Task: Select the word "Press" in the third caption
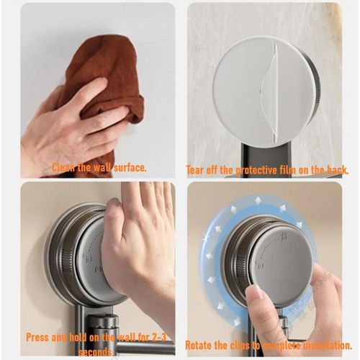pyautogui.click(x=39, y=336)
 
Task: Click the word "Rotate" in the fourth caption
pyautogui.click(x=200, y=345)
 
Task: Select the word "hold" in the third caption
pyautogui.click(x=79, y=336)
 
